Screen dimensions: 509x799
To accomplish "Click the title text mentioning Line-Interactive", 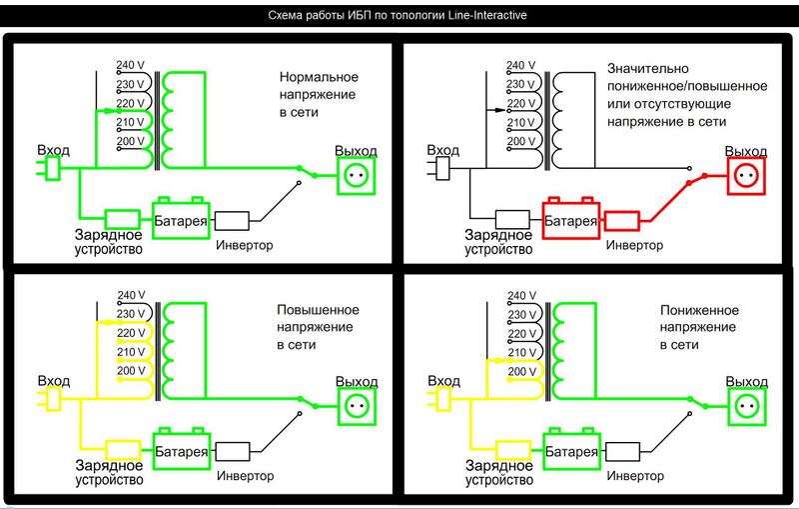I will (x=400, y=16).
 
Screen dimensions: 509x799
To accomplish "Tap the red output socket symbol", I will (x=744, y=177).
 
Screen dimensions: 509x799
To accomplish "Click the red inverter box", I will (x=622, y=220).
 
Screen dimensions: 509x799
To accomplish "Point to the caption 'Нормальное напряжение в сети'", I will (x=318, y=95).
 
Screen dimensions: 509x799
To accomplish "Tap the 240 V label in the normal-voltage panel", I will (x=132, y=66).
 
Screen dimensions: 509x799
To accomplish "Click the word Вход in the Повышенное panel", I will (x=53, y=381).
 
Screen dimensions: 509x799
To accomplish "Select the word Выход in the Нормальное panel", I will (x=356, y=151).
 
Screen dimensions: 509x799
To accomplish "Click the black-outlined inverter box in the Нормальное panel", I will (x=233, y=220).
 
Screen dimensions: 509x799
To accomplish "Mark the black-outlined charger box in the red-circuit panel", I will (x=512, y=219).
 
